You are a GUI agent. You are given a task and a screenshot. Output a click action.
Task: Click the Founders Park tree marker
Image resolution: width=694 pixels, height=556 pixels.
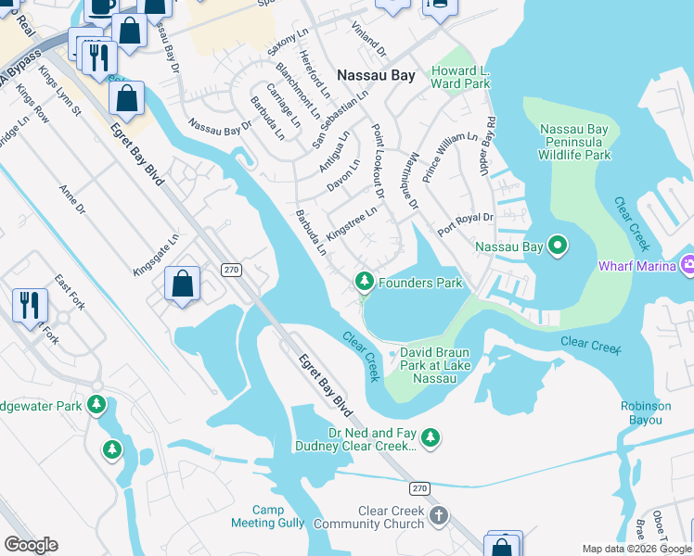pos(365,281)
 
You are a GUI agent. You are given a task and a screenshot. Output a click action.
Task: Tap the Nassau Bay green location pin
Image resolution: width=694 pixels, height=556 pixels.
pos(558,246)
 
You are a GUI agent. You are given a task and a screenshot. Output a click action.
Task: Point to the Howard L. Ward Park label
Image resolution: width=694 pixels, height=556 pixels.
pos(460,77)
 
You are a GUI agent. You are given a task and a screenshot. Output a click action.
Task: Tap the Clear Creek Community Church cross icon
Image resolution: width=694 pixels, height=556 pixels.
pos(439,514)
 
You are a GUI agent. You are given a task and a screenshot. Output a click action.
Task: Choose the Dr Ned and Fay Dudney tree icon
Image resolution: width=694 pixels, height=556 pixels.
pos(431,436)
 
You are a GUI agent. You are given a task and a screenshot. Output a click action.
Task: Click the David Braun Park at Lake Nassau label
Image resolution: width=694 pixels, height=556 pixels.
pos(442,365)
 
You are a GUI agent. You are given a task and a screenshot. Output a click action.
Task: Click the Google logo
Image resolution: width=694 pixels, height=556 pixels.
pos(31,545)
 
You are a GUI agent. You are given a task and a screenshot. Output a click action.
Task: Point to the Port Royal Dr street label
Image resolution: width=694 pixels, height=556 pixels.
pos(464,222)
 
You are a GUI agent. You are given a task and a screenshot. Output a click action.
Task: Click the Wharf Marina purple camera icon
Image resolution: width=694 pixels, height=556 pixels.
pos(688,265)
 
